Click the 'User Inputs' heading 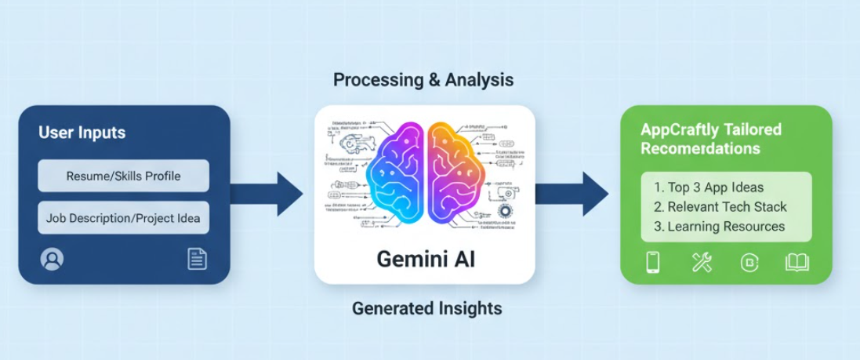tap(82, 133)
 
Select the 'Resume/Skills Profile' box tap(124, 176)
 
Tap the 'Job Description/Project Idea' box tap(124, 217)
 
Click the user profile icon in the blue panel tap(52, 259)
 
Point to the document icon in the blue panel tap(197, 259)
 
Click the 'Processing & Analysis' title tap(423, 80)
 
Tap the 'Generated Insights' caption tap(426, 308)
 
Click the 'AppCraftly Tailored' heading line tap(711, 129)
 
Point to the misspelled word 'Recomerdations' tap(700, 148)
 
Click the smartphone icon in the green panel tap(652, 262)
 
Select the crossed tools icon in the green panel tap(702, 262)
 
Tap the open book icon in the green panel tap(796, 262)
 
